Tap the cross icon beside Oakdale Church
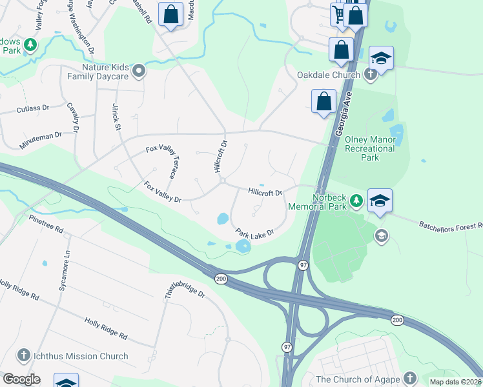[x=370, y=75]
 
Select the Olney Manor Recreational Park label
[x=369, y=148]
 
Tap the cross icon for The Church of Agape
[x=409, y=378]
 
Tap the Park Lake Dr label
[x=254, y=232]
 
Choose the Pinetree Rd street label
[x=45, y=224]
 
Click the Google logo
[x=21, y=379]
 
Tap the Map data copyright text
[x=455, y=382]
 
